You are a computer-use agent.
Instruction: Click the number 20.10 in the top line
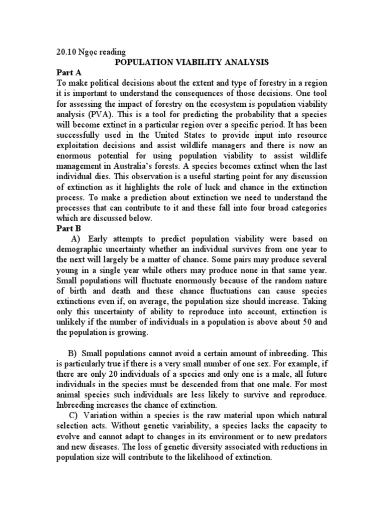click(66, 51)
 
